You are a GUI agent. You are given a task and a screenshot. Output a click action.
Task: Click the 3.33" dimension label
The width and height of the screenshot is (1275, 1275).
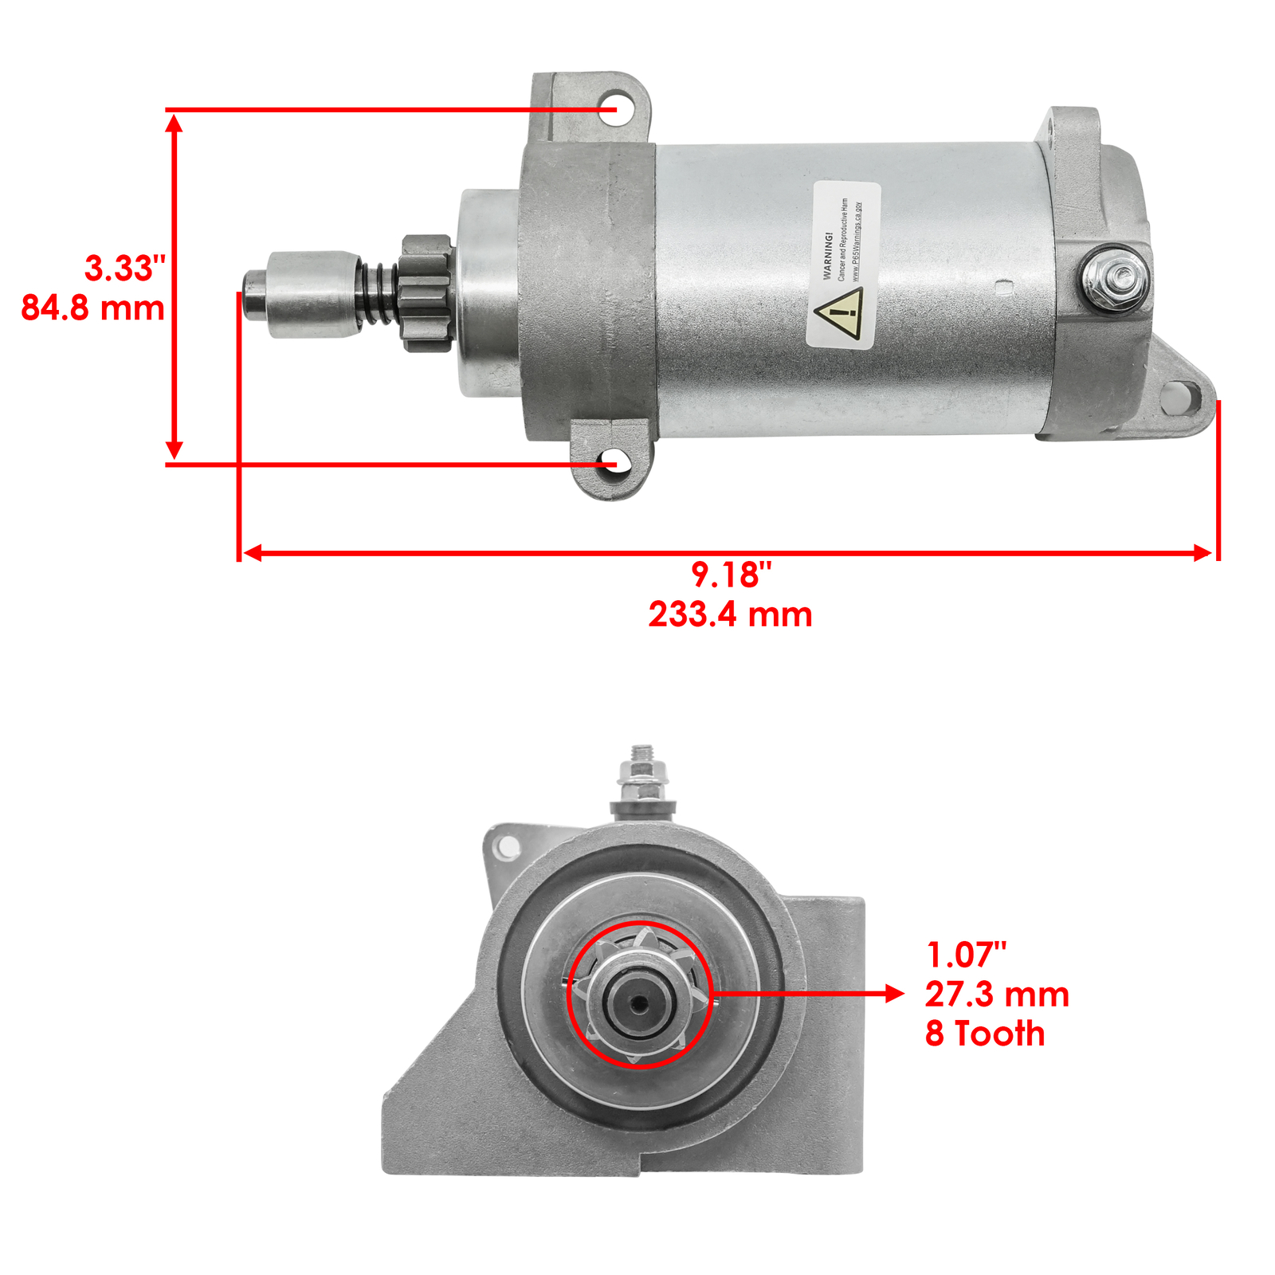125,269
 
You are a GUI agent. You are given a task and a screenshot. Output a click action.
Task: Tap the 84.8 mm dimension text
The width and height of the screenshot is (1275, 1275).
92,308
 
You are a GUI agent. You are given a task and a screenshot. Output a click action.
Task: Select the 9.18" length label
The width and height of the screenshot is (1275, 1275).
731,575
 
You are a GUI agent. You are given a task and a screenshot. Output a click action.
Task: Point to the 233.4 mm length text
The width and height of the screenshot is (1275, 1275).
730,614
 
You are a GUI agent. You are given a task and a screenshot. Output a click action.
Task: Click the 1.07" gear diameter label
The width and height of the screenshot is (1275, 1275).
966,955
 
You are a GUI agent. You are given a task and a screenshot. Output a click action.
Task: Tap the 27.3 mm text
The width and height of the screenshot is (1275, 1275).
996,994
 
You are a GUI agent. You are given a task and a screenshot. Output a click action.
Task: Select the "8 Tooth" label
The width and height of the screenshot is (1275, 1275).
985,1034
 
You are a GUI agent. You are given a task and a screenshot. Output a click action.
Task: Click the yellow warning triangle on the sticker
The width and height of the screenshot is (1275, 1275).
838,314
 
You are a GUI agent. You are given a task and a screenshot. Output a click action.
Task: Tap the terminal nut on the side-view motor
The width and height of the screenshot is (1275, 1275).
1116,279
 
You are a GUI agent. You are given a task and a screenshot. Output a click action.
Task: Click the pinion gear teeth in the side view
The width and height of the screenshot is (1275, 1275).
427,292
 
